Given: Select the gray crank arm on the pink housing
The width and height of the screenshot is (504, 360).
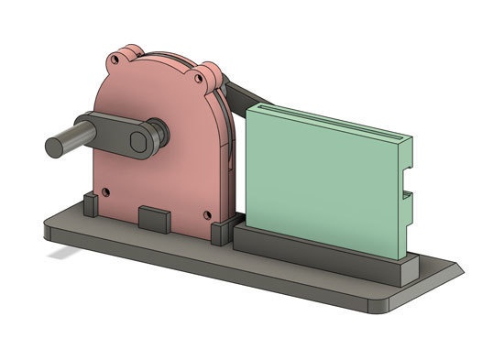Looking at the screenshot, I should click(x=110, y=129).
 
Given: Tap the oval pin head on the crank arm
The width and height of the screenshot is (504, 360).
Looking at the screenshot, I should click(x=140, y=141).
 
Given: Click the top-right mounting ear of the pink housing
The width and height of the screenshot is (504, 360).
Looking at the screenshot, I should click(x=209, y=72).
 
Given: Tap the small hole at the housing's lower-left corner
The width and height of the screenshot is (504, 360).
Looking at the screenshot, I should click(x=106, y=191).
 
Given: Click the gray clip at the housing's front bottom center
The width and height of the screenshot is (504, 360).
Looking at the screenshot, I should click(x=152, y=219).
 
